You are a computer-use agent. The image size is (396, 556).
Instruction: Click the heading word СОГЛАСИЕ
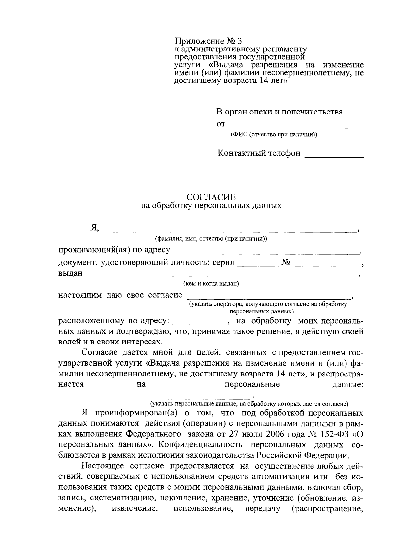click(211, 197)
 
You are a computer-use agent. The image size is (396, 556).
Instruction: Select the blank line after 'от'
click(295, 126)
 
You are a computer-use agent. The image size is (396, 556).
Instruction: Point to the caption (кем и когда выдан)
click(211, 284)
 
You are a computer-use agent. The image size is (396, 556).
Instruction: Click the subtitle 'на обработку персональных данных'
click(211, 206)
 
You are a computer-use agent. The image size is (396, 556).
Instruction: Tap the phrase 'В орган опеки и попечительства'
click(279, 112)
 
